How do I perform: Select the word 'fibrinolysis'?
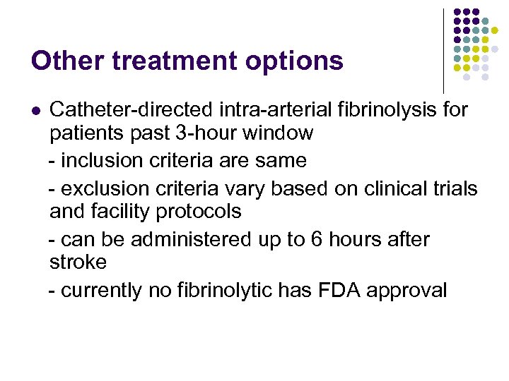[378, 110]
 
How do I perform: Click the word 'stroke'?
[78, 262]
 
